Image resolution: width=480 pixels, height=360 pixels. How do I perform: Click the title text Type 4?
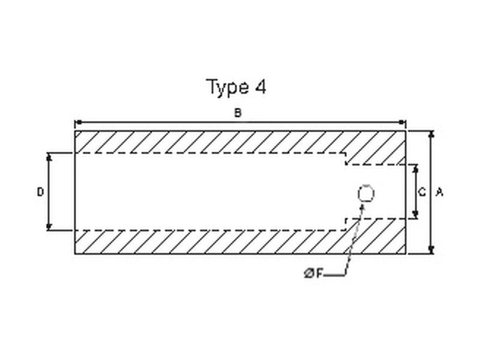(236, 88)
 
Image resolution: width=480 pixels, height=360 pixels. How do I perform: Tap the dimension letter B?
(238, 113)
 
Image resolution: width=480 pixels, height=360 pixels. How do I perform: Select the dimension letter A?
(440, 193)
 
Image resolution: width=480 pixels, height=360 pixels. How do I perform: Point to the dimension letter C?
(422, 193)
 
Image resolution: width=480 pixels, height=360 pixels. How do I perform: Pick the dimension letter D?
(40, 192)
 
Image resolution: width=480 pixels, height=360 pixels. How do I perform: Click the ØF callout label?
(313, 274)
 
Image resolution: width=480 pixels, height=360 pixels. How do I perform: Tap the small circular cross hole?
(365, 194)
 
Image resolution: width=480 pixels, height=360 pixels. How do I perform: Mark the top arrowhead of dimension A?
(431, 134)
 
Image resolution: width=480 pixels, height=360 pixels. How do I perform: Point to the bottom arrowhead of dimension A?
(431, 250)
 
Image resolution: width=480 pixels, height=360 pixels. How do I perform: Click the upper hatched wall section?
(210, 142)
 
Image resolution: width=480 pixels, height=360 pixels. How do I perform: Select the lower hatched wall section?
(210, 242)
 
